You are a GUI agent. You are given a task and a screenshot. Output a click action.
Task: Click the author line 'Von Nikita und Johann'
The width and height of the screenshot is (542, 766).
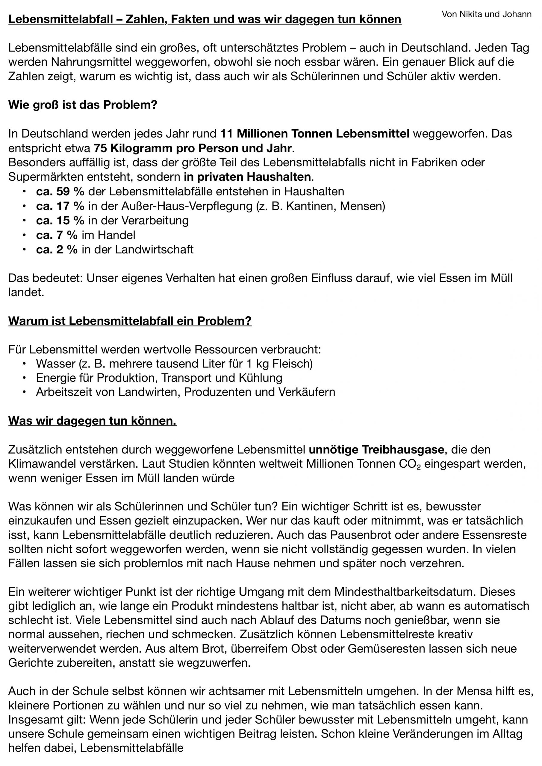coord(486,14)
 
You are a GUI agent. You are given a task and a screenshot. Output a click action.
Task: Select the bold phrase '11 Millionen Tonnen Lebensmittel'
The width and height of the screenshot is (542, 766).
coord(315,134)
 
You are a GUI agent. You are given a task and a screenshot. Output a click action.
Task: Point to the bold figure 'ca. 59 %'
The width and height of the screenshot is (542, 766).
coord(60,191)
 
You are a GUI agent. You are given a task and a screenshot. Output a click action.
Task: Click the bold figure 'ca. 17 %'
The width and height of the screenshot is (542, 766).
coord(60,206)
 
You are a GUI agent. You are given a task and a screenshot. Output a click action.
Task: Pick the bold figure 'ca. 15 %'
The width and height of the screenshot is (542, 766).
coord(60,221)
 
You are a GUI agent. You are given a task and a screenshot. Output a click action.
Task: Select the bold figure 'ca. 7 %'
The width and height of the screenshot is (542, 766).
coord(57,235)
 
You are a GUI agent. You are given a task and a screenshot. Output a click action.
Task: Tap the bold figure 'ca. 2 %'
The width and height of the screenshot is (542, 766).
coord(57,250)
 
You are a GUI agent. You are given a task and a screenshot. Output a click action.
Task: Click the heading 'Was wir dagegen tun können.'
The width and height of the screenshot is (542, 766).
coord(92,421)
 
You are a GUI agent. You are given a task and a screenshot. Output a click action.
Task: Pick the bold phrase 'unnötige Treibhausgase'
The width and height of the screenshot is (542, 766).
coord(376,450)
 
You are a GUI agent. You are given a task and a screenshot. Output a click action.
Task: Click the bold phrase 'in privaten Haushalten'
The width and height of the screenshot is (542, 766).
coord(247,177)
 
